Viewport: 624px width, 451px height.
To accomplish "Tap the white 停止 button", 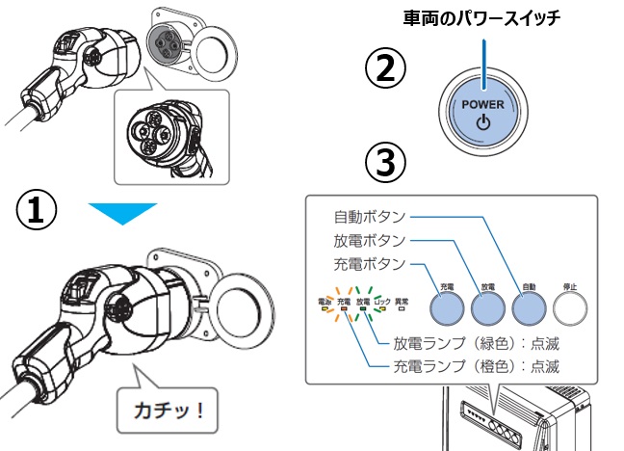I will point(574,307).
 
